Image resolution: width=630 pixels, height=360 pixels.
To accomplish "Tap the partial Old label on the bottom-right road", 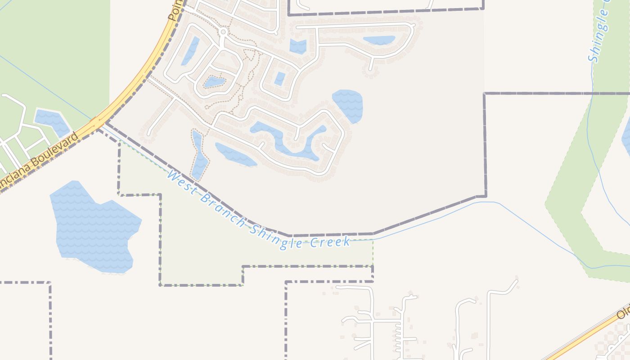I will coord(623,311).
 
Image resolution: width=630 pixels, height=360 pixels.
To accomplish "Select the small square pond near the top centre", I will coord(297,46).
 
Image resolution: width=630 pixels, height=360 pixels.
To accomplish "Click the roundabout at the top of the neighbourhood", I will coord(223,32).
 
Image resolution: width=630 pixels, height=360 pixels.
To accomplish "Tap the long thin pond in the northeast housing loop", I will coord(379,40).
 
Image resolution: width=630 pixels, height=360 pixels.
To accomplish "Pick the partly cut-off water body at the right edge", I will coord(626,139).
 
